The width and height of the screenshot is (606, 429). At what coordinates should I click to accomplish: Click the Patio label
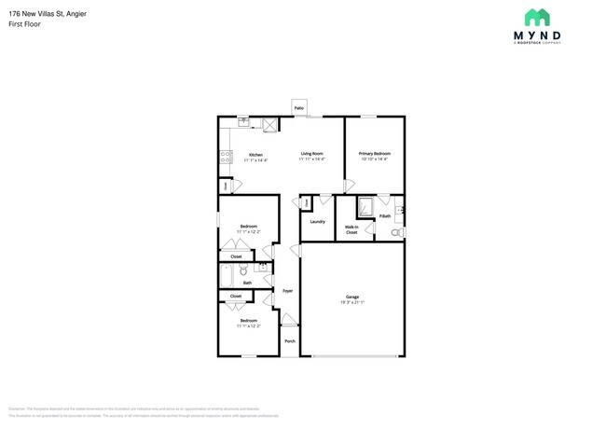point(299,108)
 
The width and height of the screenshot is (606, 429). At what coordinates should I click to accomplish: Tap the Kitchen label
point(255,154)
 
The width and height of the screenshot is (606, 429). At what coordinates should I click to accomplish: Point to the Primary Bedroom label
point(375,153)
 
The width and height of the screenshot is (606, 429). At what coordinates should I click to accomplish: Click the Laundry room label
point(317,221)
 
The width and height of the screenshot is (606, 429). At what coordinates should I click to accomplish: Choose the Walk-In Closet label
point(351,229)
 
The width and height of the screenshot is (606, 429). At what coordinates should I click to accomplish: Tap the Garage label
point(351,298)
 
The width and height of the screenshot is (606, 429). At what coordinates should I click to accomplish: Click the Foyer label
point(288,291)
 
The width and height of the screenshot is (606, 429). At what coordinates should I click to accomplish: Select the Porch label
point(289,340)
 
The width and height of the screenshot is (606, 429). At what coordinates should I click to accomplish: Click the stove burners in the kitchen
point(225,158)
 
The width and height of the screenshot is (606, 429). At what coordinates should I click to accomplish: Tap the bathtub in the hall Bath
point(227,274)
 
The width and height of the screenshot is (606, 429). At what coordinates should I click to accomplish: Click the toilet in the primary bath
point(396,231)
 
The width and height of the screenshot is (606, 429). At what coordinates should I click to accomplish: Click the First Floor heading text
point(23,23)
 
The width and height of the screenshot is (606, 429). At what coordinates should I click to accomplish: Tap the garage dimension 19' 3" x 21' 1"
point(351,303)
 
